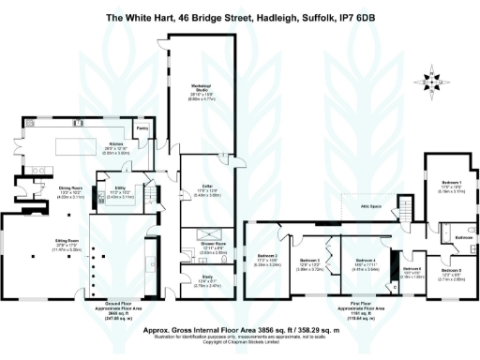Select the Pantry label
pyautogui.click(x=142, y=127)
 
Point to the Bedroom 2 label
pyautogui.click(x=265, y=258)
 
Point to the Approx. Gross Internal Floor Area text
pyautogui.click(x=239, y=330)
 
